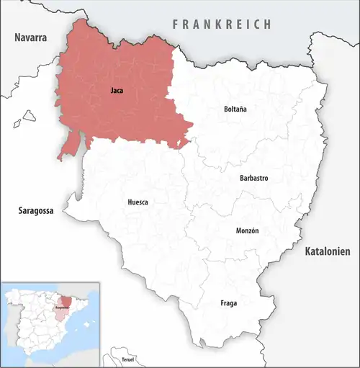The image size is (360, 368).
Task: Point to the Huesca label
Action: click(x=138, y=202)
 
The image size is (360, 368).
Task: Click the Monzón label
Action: click(x=247, y=231)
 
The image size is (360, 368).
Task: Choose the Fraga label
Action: click(x=228, y=303)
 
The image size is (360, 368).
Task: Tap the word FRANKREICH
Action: click(x=222, y=24)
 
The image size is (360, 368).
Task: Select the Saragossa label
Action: click(x=37, y=211)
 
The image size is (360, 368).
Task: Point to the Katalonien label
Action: click(x=327, y=252)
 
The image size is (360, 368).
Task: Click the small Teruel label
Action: click(x=127, y=358)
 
